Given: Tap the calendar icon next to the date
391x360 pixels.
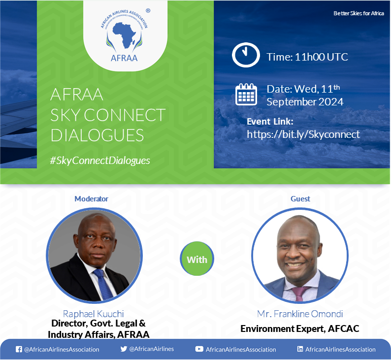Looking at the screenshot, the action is pos(246,95).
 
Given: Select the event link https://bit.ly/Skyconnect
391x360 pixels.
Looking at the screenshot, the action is pos(303,134).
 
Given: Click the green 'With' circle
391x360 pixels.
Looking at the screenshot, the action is pos(197,259).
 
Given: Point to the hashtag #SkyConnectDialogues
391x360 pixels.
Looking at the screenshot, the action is pos(100,161).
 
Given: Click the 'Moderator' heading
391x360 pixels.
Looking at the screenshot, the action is pos(92,198).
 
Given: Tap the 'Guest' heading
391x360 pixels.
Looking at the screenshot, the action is pos(300,198).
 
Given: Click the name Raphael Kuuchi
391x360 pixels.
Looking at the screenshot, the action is pos(93,314).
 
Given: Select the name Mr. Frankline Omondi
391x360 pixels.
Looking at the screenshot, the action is pos(300,314).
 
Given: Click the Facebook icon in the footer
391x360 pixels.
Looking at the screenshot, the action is pos(19,349).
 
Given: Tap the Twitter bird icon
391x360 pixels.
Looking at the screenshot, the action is pos(124,349).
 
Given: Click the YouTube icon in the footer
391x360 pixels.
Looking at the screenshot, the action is pos(199,349).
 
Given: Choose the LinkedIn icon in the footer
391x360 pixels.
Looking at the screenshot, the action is pos(300,349).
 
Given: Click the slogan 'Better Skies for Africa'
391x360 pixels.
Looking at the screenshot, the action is pos(358,13).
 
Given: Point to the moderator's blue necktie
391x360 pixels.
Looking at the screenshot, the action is pos(103,284).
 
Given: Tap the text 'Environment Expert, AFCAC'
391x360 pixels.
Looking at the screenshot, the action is pos(300,328).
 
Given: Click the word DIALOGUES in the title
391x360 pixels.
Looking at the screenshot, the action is pos(97,135).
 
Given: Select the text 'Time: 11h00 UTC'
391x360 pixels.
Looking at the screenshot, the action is pos(307,57).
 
